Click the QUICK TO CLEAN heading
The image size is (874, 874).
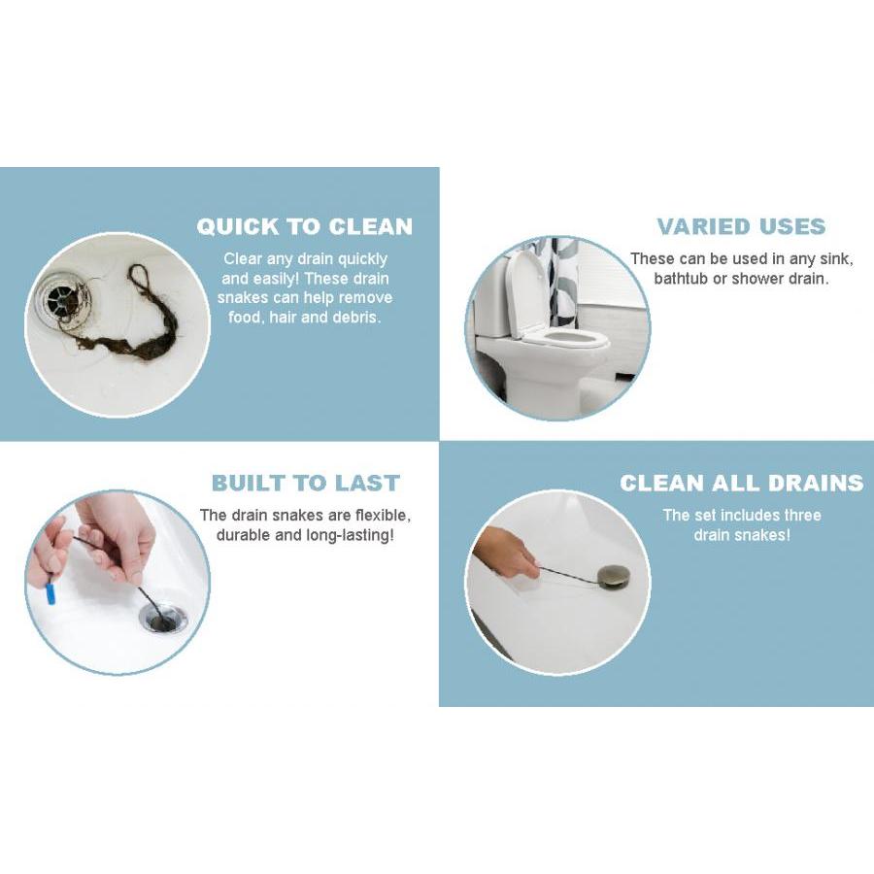304,227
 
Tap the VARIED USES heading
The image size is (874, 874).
741,227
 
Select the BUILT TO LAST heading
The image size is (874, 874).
306,484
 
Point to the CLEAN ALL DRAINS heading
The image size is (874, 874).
741,484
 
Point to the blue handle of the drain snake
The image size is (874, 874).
51,590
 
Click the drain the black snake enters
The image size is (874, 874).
164,616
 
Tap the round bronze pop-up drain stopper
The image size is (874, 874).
612,575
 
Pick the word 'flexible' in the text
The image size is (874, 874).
383,517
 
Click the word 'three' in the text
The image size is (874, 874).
803,516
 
